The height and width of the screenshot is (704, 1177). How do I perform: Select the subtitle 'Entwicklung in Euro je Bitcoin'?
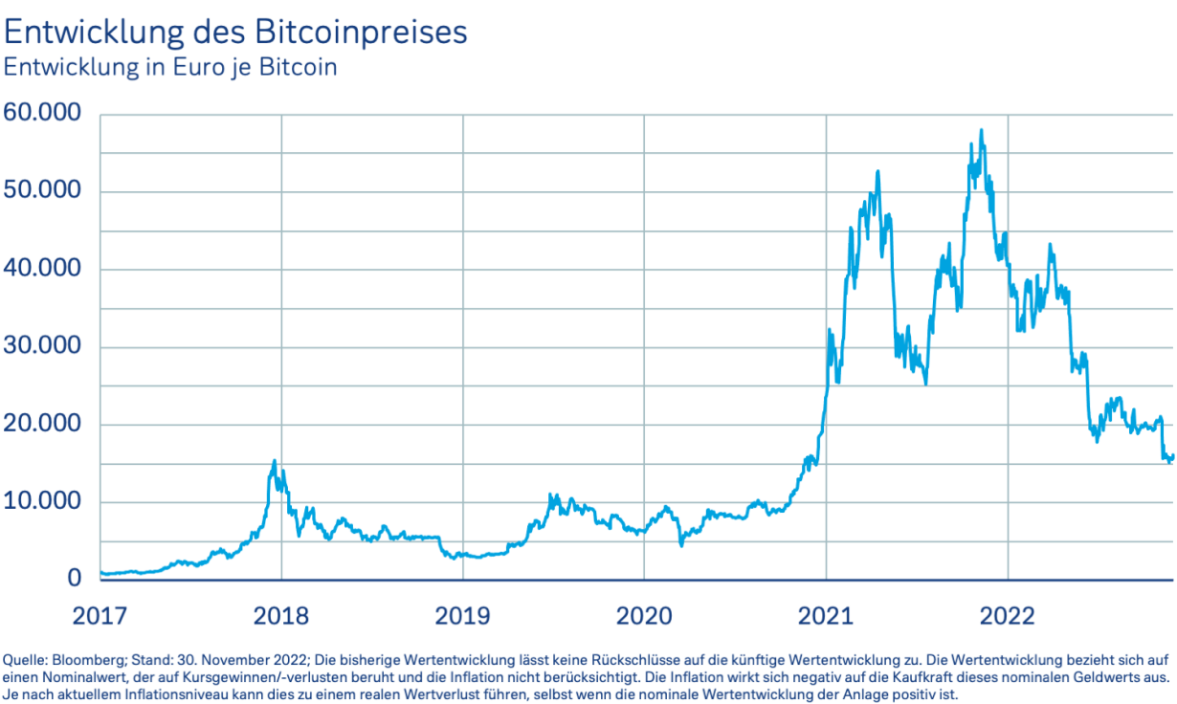(170, 68)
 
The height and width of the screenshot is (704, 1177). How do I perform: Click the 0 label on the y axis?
(75, 580)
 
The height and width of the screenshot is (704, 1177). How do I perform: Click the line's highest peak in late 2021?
(981, 131)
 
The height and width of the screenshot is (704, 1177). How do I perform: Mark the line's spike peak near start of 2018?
(275, 461)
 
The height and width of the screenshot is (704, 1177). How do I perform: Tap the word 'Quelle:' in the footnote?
(25, 660)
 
